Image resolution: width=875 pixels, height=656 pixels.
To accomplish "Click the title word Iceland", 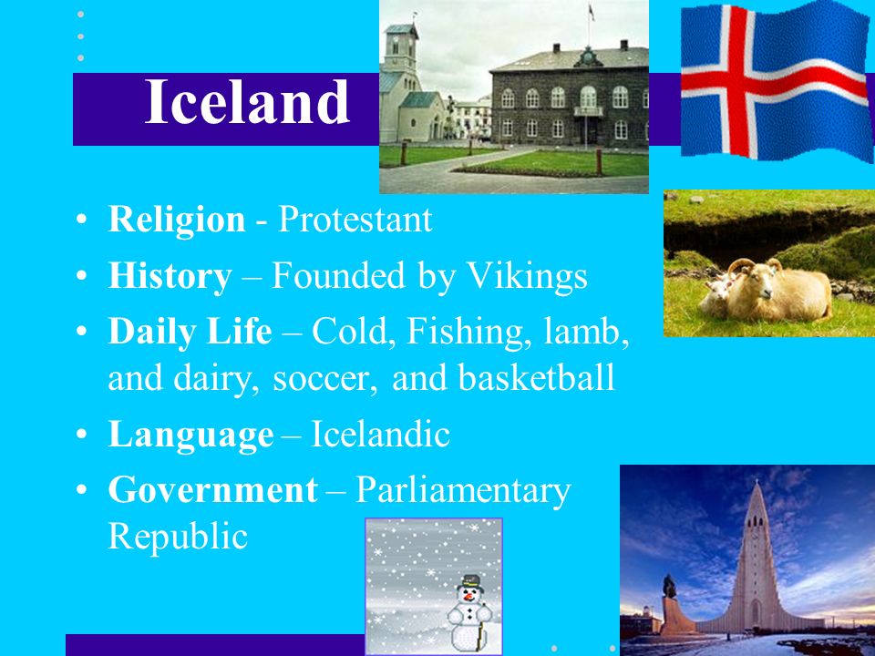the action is coord(247,101).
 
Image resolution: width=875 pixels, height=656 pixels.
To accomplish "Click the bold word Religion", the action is coord(177,220).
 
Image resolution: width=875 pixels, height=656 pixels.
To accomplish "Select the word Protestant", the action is coord(355,220).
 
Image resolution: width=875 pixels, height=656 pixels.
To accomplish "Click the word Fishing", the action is coord(466,333).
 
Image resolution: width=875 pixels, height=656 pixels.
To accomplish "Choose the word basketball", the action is coord(536,377).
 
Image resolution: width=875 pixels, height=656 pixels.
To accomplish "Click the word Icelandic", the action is coord(380,434).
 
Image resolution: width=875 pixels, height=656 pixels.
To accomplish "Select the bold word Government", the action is coord(212,490).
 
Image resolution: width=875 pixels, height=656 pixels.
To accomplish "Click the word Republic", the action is coord(178,537).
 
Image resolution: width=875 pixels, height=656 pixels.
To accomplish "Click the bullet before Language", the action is coord(81,434).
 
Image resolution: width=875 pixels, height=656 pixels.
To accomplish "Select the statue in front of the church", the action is coord(669,589).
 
